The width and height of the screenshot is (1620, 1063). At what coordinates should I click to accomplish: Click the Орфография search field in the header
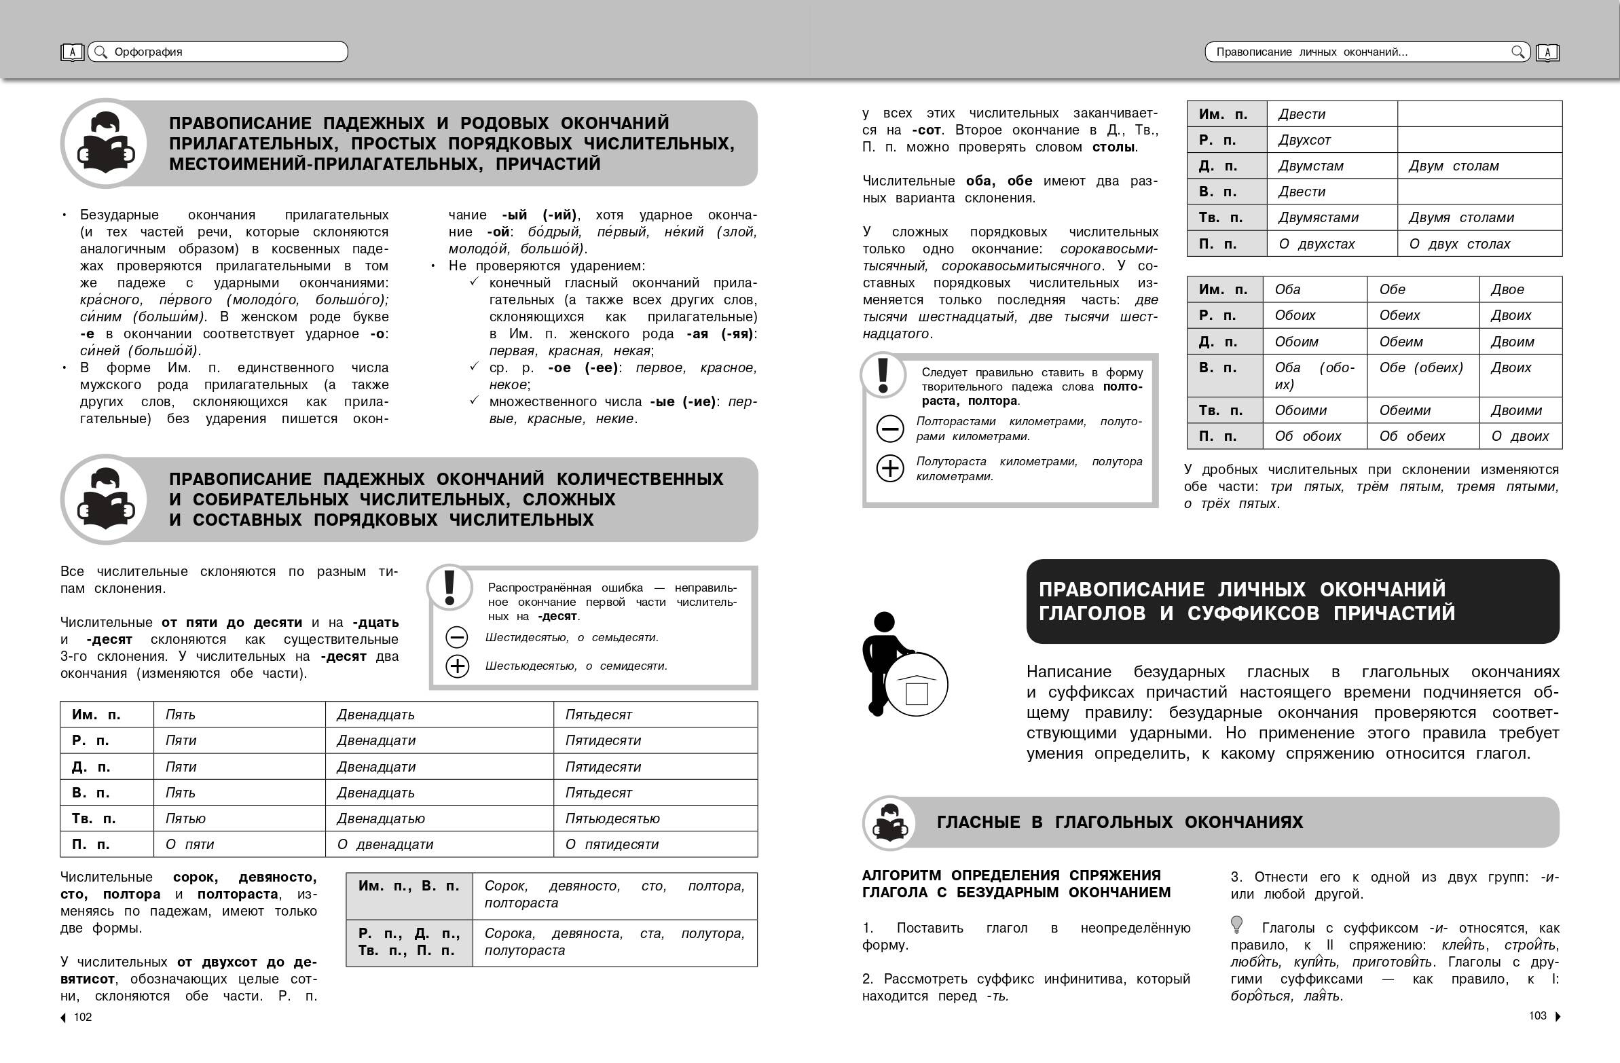(218, 52)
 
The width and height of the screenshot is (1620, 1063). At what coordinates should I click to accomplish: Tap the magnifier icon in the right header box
(1517, 52)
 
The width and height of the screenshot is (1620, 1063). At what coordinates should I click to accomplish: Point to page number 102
(82, 1017)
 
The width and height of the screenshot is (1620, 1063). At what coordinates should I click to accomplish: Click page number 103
(1537, 1015)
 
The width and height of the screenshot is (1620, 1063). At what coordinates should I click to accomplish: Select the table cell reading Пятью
(185, 818)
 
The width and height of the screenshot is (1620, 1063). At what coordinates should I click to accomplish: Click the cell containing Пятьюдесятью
(612, 818)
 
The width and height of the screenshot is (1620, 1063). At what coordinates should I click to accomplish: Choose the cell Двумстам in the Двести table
(1310, 166)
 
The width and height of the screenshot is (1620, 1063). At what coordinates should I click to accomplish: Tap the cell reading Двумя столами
(1460, 217)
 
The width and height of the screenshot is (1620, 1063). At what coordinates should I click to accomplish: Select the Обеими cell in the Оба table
(1404, 410)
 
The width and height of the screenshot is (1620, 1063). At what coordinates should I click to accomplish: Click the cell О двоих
(1520, 436)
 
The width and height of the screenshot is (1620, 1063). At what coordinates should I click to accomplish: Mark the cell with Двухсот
(1304, 140)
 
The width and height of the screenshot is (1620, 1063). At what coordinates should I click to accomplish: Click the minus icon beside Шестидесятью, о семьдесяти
(457, 637)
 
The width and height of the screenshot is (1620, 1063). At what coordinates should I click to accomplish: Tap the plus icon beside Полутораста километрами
(889, 469)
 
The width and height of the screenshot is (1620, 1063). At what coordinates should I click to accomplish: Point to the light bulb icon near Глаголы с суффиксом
(1237, 924)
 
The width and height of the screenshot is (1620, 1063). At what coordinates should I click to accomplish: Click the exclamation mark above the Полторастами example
(883, 374)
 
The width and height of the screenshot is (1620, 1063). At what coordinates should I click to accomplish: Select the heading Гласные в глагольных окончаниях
(1119, 822)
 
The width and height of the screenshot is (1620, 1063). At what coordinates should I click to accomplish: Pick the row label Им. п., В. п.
(409, 886)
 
